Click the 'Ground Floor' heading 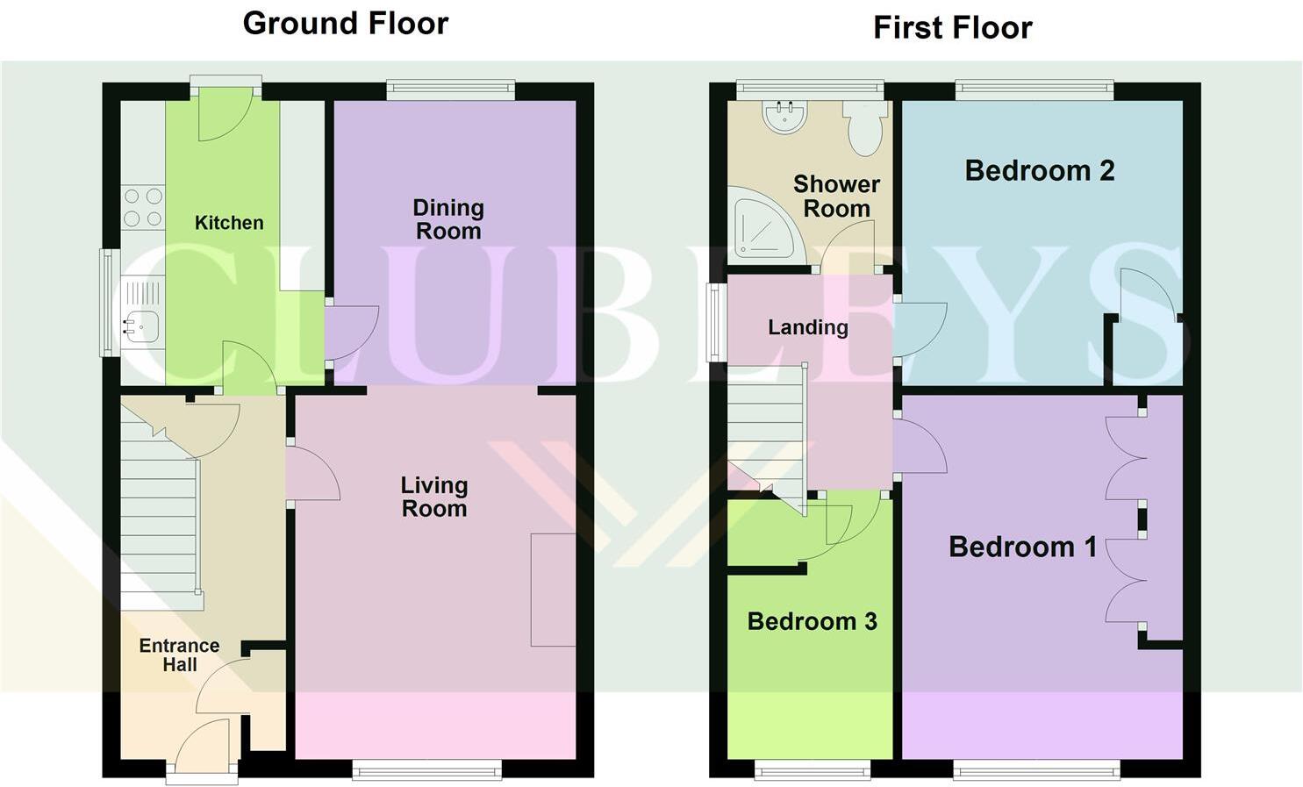345,24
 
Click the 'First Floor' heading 952,28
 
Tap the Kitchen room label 229,223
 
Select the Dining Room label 448,219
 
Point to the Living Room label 434,497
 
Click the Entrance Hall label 180,655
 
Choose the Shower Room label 836,197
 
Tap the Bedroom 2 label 1040,170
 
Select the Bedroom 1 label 1023,547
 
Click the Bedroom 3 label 812,621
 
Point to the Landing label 808,327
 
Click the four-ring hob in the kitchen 143,207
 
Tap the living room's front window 427,770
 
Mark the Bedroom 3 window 813,770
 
